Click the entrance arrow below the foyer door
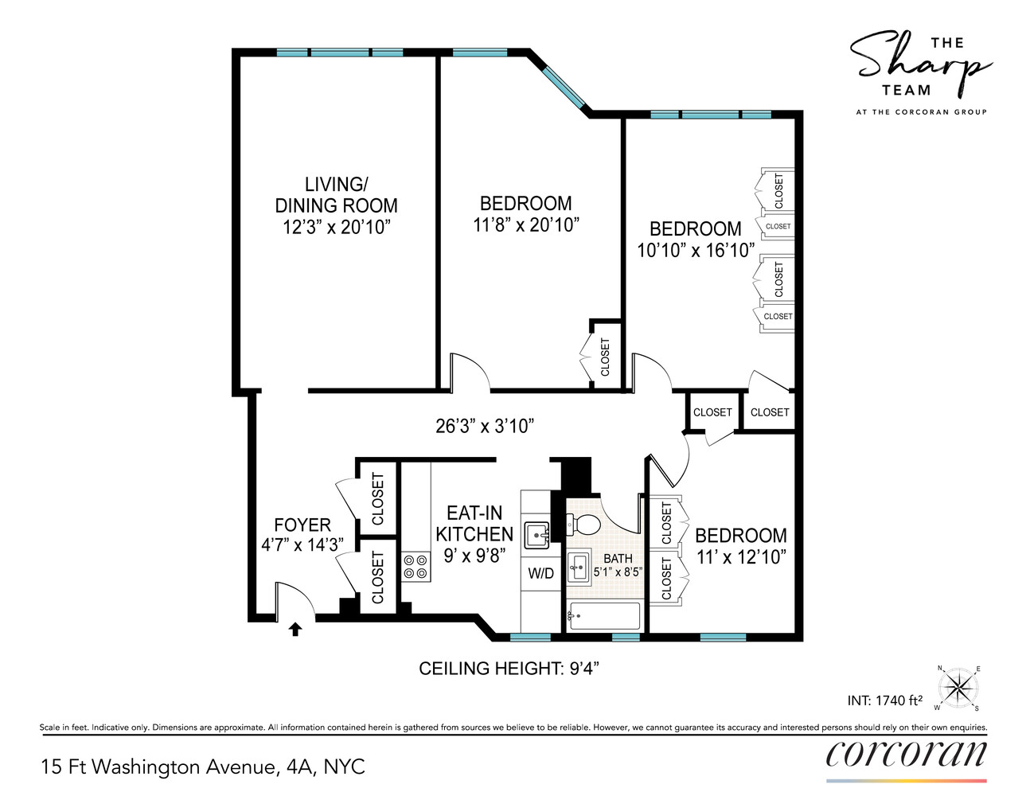tap(295, 629)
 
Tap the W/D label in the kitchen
tap(540, 573)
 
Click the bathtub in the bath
tap(604, 616)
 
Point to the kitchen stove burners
tap(415, 566)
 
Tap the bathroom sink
tap(579, 567)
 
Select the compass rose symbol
tap(958, 687)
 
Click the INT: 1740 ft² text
tap(884, 700)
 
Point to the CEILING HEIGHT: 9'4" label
tap(509, 669)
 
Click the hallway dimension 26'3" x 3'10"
tap(484, 426)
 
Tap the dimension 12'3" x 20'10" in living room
tap(336, 227)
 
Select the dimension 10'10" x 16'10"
tap(695, 250)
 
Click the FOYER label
tap(302, 525)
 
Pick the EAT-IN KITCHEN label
tap(474, 524)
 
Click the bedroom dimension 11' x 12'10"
tap(740, 557)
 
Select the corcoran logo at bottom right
tap(906, 753)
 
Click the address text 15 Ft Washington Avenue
tap(203, 767)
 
